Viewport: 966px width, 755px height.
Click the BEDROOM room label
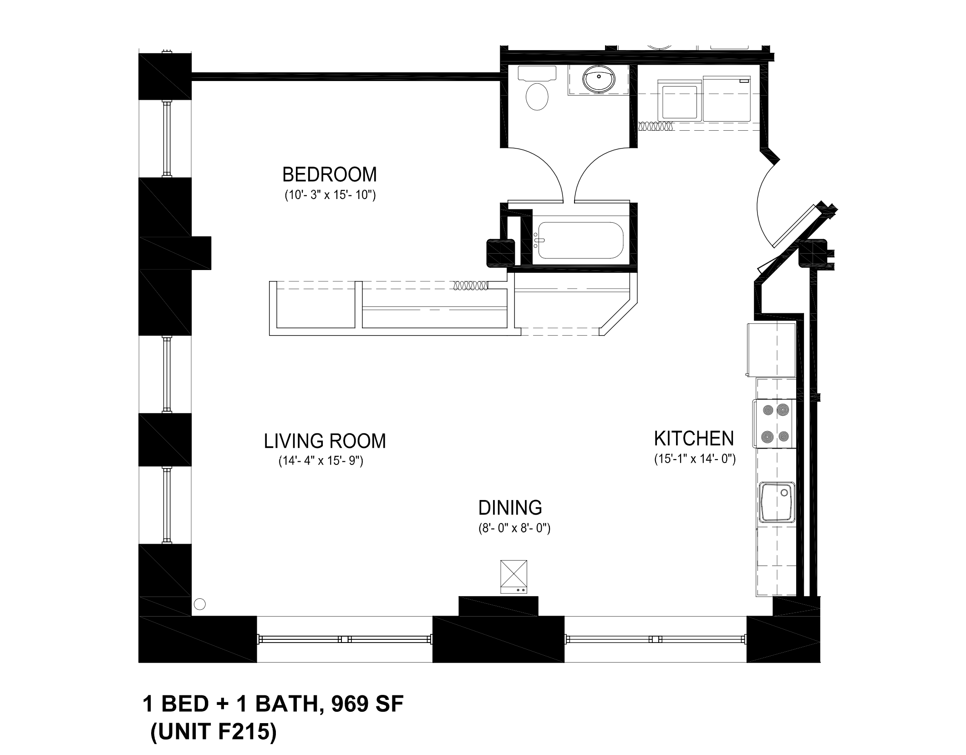330,174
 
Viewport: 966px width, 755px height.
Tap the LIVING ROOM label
325,441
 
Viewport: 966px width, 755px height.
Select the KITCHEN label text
694,439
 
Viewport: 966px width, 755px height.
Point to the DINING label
510,507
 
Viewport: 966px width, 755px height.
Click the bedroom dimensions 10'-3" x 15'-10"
330,195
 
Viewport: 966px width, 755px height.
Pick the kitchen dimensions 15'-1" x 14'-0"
695,459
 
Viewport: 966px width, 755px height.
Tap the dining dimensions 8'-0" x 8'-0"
514,528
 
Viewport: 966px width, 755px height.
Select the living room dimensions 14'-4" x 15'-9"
320,461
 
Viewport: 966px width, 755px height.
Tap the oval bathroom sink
599,79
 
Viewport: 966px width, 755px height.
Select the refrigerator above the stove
771,350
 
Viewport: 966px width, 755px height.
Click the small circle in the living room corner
199,604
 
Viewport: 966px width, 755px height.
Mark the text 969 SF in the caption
367,704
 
